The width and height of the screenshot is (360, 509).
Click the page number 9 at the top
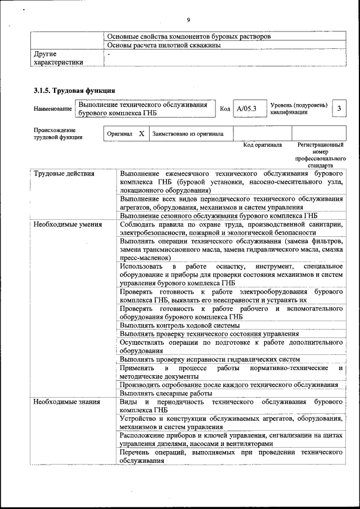(x=188, y=4)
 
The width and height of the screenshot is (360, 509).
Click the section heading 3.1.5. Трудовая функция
(x=74, y=90)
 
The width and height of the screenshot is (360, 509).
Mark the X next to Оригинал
(x=141, y=134)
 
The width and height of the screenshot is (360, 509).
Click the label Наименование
(x=53, y=109)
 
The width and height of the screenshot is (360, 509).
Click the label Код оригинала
(x=262, y=145)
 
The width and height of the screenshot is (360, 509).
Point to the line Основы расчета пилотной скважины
(x=164, y=45)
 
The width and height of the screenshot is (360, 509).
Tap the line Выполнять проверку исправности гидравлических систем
(x=209, y=359)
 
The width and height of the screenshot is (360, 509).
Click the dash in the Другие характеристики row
(x=109, y=54)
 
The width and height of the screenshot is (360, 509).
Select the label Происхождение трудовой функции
(x=58, y=133)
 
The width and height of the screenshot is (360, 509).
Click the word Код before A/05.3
(x=225, y=109)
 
